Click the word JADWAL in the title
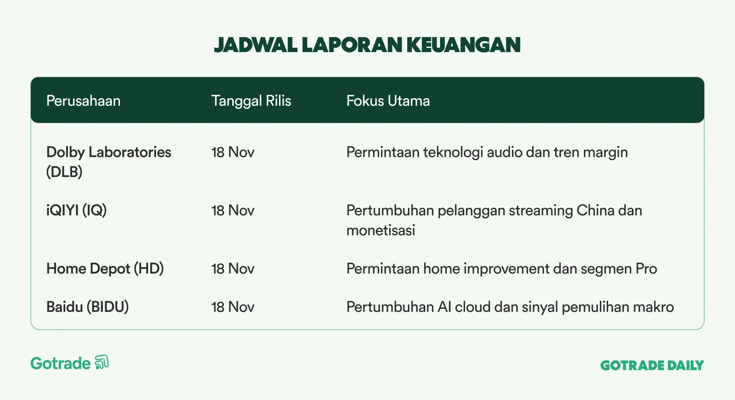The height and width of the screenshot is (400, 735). [256, 45]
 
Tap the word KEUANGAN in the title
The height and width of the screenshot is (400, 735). [463, 45]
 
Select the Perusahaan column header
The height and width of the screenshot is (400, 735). [83, 101]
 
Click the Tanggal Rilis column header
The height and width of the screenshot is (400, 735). [251, 101]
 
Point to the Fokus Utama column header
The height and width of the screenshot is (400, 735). [388, 101]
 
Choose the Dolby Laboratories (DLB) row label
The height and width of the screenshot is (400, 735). [109, 162]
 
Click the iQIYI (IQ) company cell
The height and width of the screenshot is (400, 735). [76, 210]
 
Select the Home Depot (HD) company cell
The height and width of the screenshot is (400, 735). [105, 269]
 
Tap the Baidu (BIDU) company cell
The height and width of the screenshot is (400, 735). [87, 307]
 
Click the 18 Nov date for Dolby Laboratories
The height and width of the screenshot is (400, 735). [233, 152]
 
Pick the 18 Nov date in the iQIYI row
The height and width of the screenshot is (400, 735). [233, 211]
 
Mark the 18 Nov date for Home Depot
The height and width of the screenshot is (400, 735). [233, 269]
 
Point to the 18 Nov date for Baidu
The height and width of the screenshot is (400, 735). [233, 307]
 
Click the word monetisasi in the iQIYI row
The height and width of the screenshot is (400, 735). [381, 231]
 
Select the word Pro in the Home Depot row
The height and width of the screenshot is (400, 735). [646, 269]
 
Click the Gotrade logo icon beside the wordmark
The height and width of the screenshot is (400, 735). [102, 362]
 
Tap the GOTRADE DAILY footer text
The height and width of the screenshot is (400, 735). [652, 365]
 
